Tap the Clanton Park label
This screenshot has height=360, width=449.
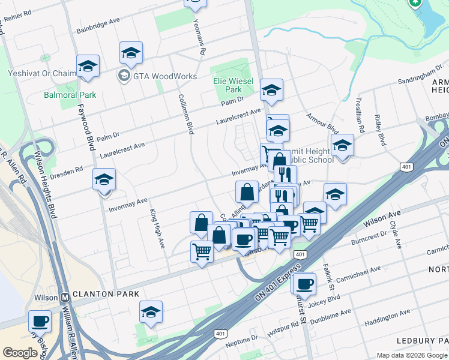click(106, 295)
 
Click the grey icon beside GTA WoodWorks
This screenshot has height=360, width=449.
click(124, 76)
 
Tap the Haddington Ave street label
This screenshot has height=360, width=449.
click(389, 315)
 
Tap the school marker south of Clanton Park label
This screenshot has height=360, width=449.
click(151, 311)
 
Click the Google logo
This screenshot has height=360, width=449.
click(20, 353)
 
